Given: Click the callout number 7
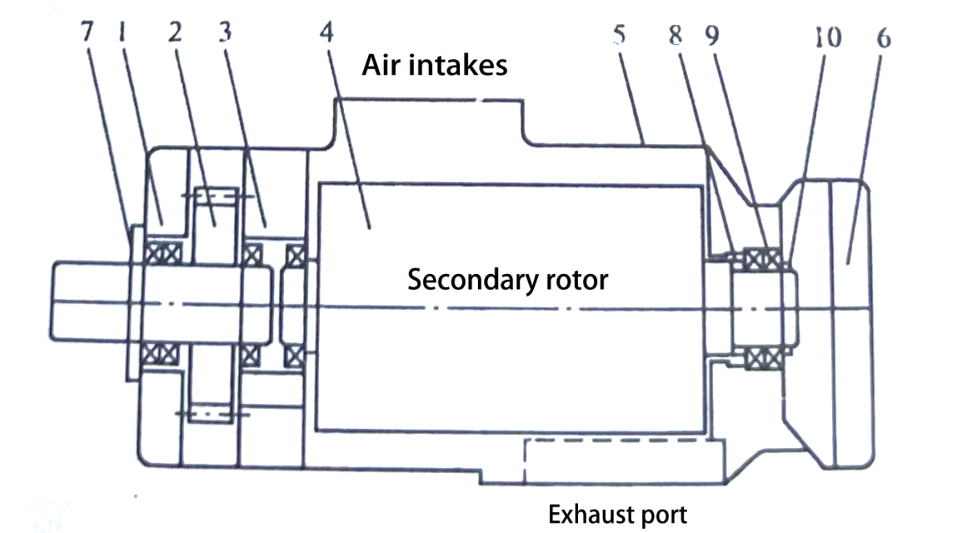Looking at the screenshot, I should point(87,33).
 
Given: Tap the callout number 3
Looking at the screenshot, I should point(227,33).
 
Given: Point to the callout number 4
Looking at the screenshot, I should point(325,33).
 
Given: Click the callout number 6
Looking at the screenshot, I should point(884,37).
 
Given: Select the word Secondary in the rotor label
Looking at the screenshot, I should point(461,281).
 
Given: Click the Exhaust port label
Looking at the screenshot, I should point(616,514).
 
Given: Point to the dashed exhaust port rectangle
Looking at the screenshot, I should point(617,461).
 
